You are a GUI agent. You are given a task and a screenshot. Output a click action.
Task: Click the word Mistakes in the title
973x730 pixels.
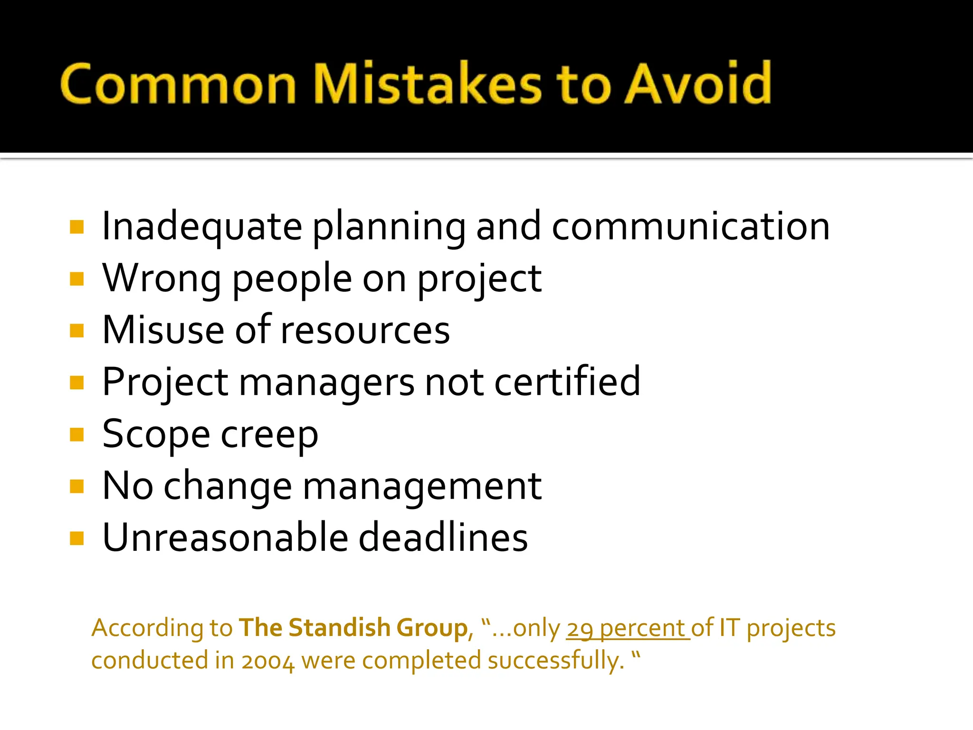428,84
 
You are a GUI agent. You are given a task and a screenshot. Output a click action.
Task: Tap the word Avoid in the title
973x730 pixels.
697,84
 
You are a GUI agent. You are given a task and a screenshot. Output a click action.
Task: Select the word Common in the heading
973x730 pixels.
179,84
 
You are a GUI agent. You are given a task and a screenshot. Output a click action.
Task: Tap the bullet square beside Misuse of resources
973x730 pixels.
76,330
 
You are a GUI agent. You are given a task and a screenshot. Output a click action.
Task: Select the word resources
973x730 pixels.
365,330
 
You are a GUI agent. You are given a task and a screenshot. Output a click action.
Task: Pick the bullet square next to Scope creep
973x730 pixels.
76,434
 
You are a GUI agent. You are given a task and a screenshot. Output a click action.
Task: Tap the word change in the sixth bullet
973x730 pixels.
228,487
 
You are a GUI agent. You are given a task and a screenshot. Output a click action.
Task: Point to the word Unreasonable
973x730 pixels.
225,538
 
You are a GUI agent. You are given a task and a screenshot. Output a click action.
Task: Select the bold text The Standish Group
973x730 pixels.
353,628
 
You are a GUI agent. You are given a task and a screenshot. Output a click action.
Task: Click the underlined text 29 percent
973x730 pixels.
627,629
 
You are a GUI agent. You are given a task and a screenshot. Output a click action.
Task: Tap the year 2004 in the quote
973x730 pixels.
267,661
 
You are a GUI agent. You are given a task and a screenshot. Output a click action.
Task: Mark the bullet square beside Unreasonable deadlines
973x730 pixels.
76,538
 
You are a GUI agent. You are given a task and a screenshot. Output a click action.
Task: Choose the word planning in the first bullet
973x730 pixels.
389,227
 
